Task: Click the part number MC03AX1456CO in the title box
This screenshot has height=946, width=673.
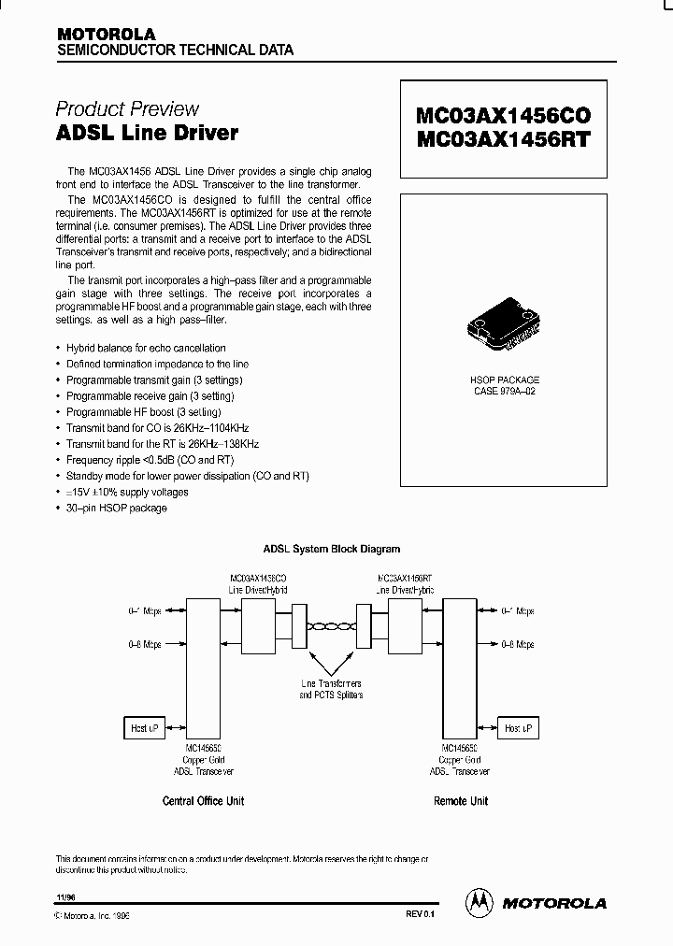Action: pyautogui.click(x=503, y=116)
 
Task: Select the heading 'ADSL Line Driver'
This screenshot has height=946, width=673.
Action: pyautogui.click(x=147, y=133)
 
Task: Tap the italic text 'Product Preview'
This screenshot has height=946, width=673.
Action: pyautogui.click(x=127, y=108)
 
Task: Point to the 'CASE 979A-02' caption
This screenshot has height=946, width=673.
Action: pyautogui.click(x=504, y=392)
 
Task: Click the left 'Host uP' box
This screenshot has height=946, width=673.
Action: pyautogui.click(x=145, y=727)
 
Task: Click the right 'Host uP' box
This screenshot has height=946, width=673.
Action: pyautogui.click(x=517, y=727)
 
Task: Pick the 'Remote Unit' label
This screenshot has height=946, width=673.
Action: pyautogui.click(x=461, y=801)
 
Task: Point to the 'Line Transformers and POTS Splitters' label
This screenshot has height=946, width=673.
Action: pyautogui.click(x=331, y=690)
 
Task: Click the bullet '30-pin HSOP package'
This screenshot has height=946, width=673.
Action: pyautogui.click(x=116, y=508)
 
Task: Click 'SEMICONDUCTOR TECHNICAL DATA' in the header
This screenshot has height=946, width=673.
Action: pyautogui.click(x=176, y=50)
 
